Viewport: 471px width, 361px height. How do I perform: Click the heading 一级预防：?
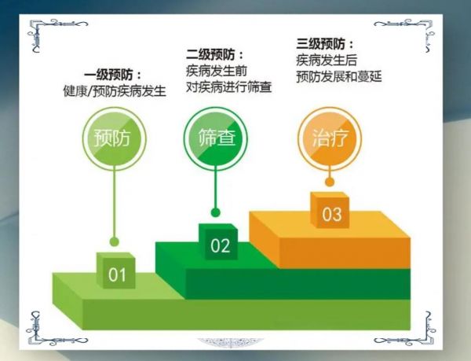click(x=112, y=76)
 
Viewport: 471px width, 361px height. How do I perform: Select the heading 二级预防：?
click(x=215, y=55)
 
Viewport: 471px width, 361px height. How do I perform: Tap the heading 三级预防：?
click(x=325, y=44)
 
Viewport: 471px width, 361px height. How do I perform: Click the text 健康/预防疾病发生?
click(x=115, y=91)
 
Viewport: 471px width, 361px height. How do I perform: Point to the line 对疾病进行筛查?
click(x=229, y=87)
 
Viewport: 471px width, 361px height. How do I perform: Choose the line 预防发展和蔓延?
click(x=339, y=76)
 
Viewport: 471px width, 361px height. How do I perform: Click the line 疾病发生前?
click(x=217, y=72)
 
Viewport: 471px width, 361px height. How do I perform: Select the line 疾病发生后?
click(x=327, y=61)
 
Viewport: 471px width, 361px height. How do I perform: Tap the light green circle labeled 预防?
click(x=114, y=138)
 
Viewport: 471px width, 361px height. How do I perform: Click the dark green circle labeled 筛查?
click(x=215, y=138)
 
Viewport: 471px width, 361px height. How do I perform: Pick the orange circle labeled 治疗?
click(x=330, y=138)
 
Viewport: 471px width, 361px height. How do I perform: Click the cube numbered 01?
click(x=115, y=271)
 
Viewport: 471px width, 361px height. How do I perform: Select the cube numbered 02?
click(x=218, y=241)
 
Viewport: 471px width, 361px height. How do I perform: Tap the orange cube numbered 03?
click(x=330, y=210)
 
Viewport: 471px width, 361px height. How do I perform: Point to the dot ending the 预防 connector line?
click(x=114, y=241)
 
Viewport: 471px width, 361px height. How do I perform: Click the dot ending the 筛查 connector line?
click(x=215, y=212)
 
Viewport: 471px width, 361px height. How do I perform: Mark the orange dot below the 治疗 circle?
click(x=330, y=182)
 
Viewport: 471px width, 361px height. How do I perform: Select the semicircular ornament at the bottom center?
click(x=230, y=342)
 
